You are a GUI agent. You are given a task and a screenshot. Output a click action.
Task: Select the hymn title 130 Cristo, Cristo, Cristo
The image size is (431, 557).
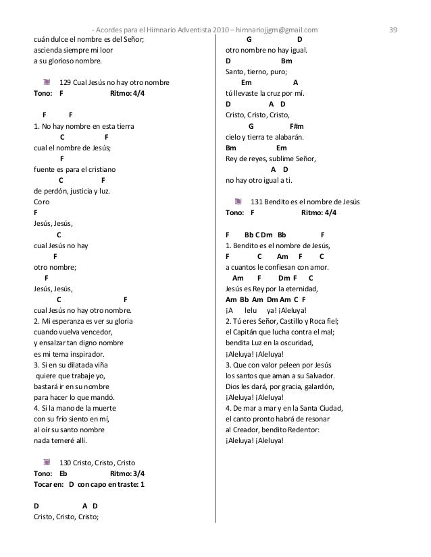pos(97,463)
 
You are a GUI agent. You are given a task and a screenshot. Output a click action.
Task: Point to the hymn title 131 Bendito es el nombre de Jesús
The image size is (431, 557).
pos(305,202)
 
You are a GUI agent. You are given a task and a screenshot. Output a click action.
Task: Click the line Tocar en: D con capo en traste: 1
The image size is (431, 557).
pos(89,484)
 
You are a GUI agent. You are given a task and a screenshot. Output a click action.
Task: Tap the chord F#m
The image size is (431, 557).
pos(297,125)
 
